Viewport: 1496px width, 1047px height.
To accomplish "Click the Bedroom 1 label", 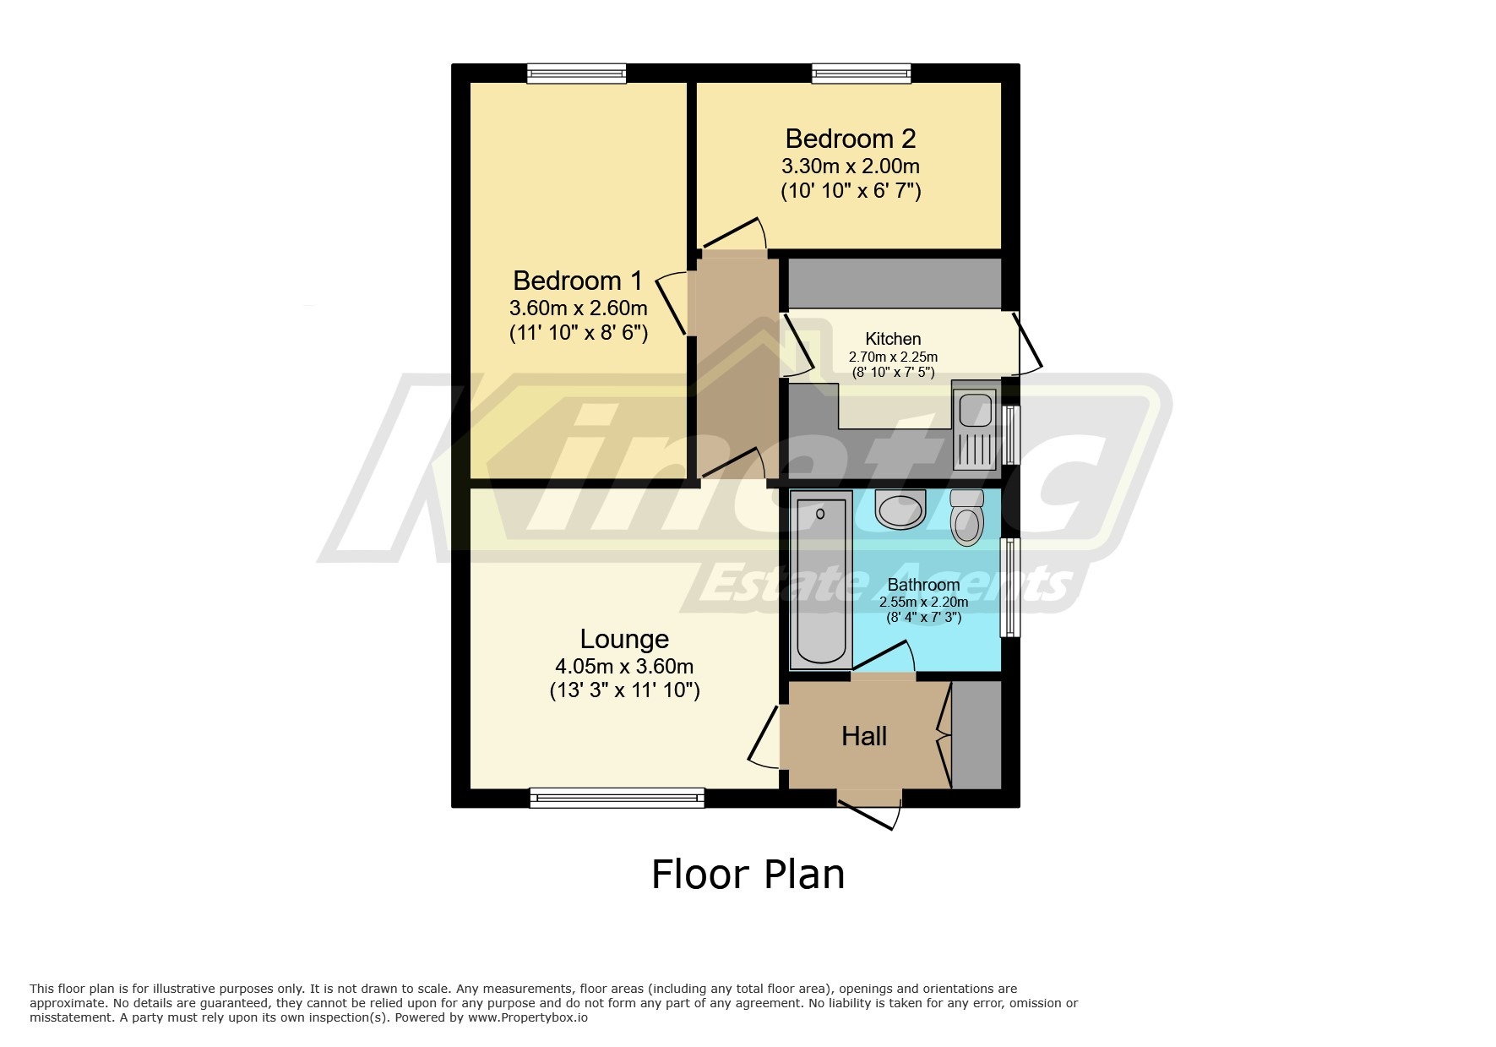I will (577, 280).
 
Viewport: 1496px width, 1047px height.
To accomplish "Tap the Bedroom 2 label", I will (850, 138).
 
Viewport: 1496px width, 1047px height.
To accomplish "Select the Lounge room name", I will (624, 639).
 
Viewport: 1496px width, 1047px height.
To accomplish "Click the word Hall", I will (863, 736).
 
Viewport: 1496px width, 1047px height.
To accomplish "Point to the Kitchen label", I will (893, 339).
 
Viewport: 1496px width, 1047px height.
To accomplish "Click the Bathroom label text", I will (923, 585).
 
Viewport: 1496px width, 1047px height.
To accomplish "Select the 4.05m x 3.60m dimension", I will (624, 667).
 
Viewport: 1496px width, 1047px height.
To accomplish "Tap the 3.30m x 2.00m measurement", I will (850, 166).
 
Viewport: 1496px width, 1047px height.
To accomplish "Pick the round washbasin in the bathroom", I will (900, 509).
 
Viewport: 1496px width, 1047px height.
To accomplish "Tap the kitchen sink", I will (975, 424).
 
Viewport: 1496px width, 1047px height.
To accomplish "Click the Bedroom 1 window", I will (577, 74).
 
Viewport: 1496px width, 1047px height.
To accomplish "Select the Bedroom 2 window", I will (862, 74).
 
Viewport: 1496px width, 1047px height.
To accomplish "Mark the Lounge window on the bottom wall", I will (617, 797).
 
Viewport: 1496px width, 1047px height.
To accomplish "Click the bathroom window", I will (1009, 587).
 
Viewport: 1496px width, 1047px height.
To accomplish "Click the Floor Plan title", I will (748, 874).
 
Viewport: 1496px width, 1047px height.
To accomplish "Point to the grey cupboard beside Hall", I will (976, 735).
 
